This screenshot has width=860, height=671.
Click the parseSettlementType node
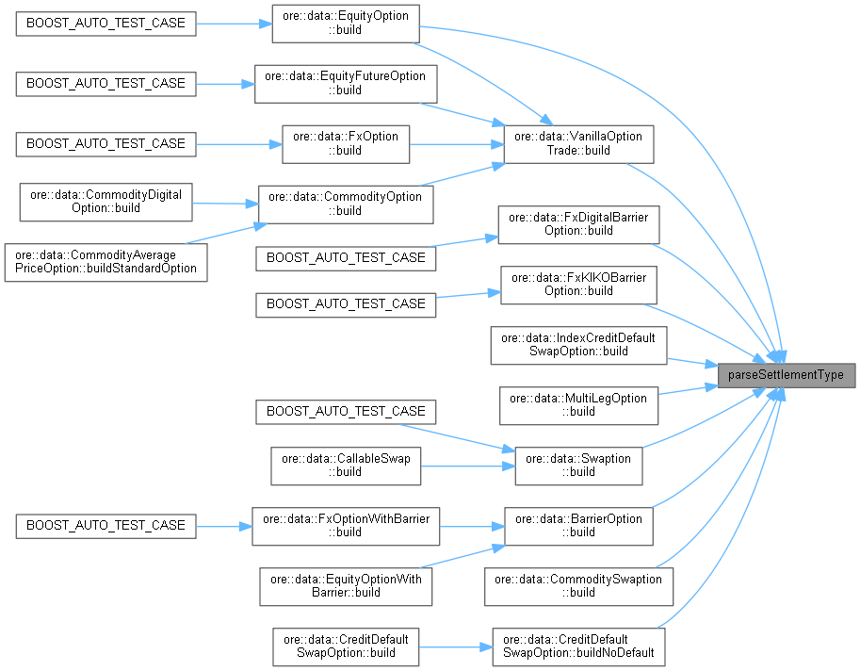[x=787, y=375]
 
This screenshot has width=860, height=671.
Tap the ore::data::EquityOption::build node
[x=345, y=23]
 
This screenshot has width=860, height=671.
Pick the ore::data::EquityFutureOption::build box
[x=345, y=83]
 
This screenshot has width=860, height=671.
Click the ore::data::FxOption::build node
[x=345, y=143]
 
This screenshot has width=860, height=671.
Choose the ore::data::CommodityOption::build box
[x=345, y=204]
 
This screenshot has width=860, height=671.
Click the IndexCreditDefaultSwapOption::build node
[x=578, y=345]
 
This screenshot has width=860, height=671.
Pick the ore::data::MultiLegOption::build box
[x=578, y=404]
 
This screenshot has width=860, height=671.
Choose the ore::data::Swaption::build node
[x=578, y=466]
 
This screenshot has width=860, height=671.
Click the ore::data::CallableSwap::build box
[x=345, y=466]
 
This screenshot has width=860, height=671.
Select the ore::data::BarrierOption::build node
[x=578, y=525]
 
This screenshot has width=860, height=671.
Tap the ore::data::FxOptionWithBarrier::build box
[x=345, y=525]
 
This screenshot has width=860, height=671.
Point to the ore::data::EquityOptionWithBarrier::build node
[x=345, y=585]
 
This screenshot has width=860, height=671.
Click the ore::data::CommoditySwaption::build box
[x=578, y=585]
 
